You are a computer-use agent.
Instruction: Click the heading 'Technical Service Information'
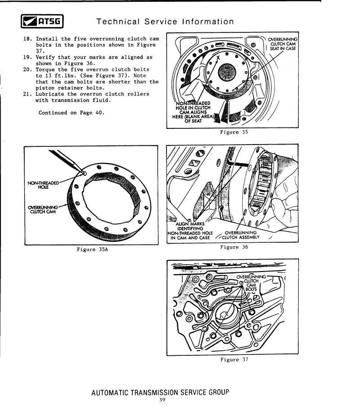click(165, 22)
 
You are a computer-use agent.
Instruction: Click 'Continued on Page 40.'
click(71, 113)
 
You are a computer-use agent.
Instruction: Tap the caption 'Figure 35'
click(234, 132)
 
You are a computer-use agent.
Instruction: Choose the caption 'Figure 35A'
click(92, 249)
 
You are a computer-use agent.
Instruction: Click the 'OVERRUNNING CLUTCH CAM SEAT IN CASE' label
click(282, 44)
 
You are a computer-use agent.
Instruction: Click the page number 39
click(162, 400)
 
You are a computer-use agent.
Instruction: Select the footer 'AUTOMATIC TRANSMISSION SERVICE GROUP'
click(160, 392)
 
